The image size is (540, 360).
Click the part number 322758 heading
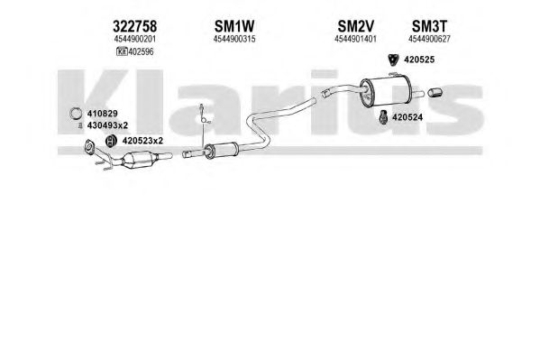[134, 26]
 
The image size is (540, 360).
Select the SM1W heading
[234, 26]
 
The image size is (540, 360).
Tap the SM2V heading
[355, 26]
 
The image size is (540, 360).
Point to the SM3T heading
[429, 26]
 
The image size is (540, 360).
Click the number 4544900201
[134, 39]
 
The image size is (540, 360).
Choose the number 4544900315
[234, 39]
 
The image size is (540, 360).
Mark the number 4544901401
[355, 39]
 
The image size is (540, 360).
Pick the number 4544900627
[429, 39]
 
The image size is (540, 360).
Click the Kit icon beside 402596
[122, 51]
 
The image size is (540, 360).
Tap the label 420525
[419, 60]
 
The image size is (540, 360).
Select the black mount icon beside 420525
[392, 60]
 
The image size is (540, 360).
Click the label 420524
[407, 117]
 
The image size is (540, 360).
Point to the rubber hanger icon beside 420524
[383, 117]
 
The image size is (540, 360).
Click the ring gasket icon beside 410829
[76, 114]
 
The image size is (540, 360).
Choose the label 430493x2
[107, 125]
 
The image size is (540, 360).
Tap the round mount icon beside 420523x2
[110, 141]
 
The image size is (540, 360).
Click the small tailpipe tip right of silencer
[435, 92]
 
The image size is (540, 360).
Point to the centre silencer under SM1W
[221, 151]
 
